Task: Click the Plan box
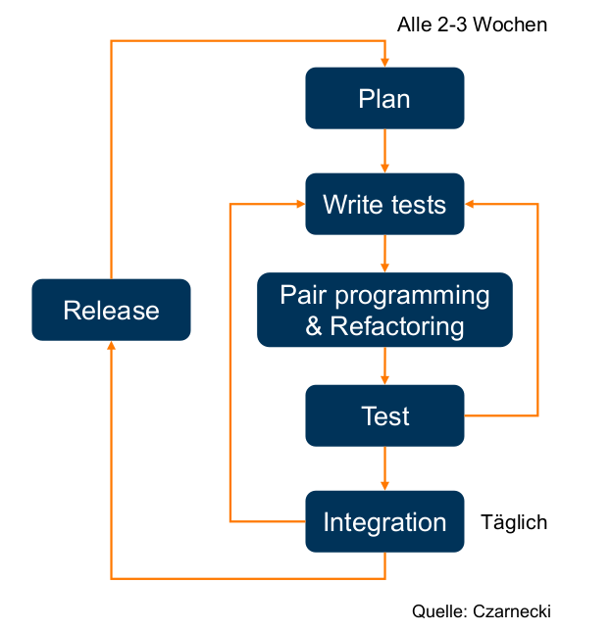(x=384, y=98)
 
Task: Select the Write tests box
(x=384, y=204)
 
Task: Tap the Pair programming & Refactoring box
(x=384, y=310)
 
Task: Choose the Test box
(x=384, y=415)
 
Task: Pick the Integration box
(x=384, y=521)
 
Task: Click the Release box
(x=111, y=310)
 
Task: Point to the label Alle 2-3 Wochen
(x=472, y=24)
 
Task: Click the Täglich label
(x=514, y=522)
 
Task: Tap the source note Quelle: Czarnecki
(x=482, y=610)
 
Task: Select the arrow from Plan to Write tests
(x=384, y=151)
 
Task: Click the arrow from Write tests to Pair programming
(x=384, y=254)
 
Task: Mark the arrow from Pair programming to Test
(x=384, y=365)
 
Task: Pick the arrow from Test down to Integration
(x=384, y=468)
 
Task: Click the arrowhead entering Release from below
(x=111, y=347)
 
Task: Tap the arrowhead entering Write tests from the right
(x=471, y=204)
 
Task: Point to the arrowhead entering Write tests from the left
(x=298, y=204)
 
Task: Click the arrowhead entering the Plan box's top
(x=384, y=62)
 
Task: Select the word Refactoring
(x=397, y=325)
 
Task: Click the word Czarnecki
(x=511, y=610)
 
